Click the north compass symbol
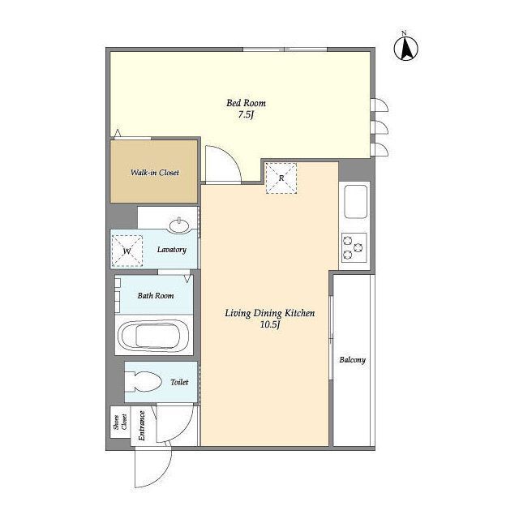click(405, 49)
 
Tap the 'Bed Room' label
click(246, 103)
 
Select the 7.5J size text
click(246, 115)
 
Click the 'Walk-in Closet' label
click(155, 173)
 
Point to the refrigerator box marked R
click(281, 178)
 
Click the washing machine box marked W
click(127, 251)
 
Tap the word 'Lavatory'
click(171, 250)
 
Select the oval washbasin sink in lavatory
click(179, 226)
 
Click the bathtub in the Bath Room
click(154, 335)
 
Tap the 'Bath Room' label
click(156, 295)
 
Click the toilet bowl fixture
click(144, 382)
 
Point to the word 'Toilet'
click(179, 382)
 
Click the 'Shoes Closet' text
click(120, 422)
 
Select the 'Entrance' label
click(142, 425)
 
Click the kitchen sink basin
click(356, 201)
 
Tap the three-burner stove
click(354, 247)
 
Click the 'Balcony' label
click(353, 360)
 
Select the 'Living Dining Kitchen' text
click(270, 313)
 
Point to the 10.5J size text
click(270, 324)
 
